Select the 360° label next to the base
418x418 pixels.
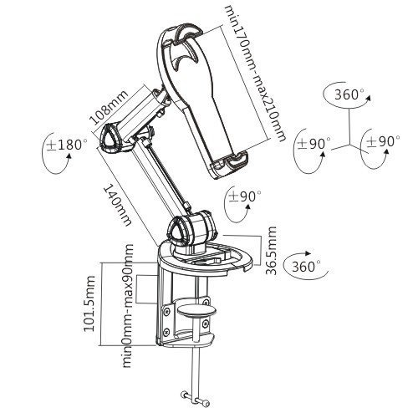point(305,267)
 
